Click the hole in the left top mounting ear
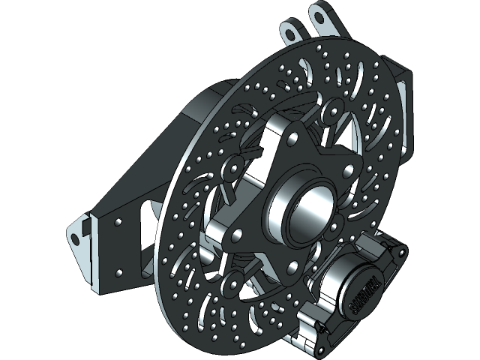[x=289, y=32]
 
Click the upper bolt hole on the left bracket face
[x=118, y=223]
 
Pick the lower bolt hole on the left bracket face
[x=118, y=268]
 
